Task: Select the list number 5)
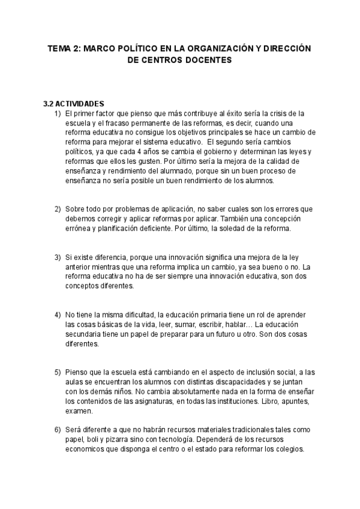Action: tap(58, 373)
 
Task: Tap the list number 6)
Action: tap(58, 430)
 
